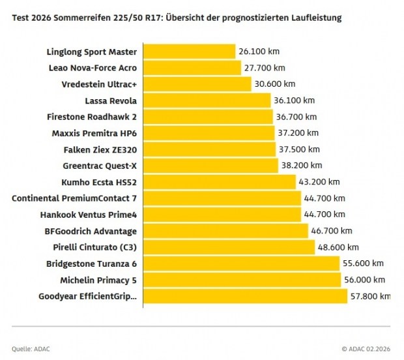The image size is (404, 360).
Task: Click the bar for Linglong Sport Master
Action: pos(189,51)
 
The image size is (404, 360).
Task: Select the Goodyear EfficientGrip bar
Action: pos(244,296)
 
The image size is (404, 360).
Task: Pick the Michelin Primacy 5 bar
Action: pos(241,280)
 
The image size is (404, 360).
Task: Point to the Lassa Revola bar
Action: pos(206,100)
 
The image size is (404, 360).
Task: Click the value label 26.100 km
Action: pos(259,51)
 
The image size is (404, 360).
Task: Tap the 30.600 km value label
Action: pos(275,83)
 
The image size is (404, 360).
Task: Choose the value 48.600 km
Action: pos(338,247)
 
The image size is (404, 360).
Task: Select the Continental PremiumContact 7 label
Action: pos(74,198)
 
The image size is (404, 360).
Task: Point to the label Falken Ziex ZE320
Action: pos(100,149)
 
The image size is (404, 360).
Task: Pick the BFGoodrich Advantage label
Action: pos(91,231)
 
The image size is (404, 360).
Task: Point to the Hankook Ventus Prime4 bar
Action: pos(222,214)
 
